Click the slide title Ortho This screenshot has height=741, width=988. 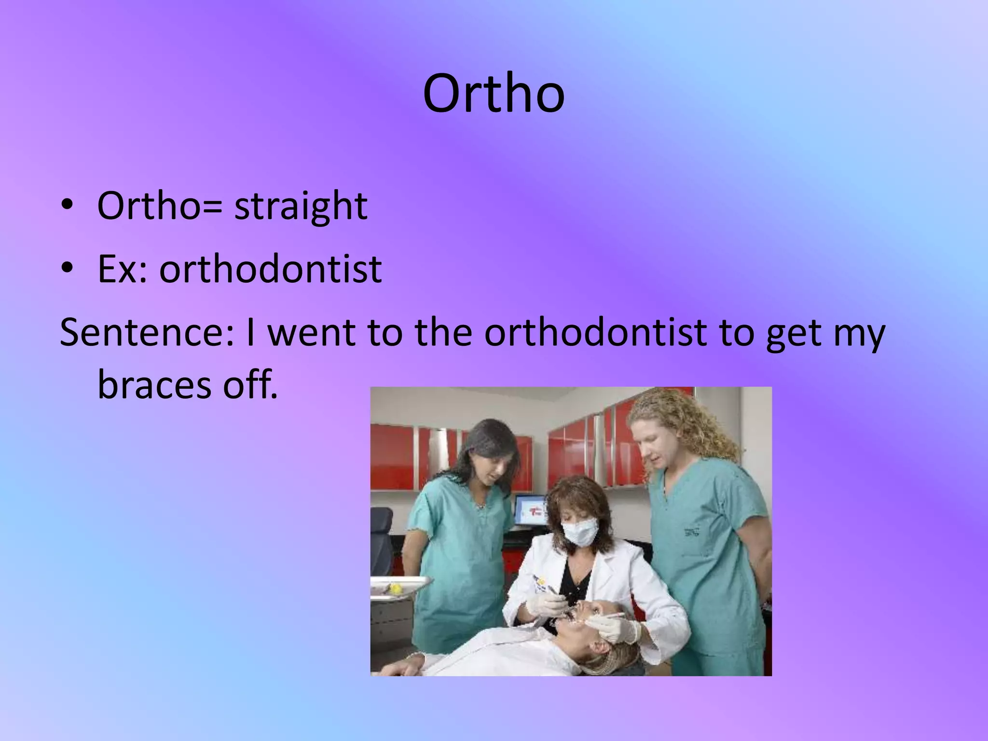(x=494, y=94)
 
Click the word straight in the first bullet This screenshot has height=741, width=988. (x=301, y=206)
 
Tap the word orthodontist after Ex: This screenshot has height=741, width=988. (x=270, y=269)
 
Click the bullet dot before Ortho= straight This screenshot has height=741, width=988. (x=67, y=205)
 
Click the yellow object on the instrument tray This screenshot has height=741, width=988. (x=396, y=588)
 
